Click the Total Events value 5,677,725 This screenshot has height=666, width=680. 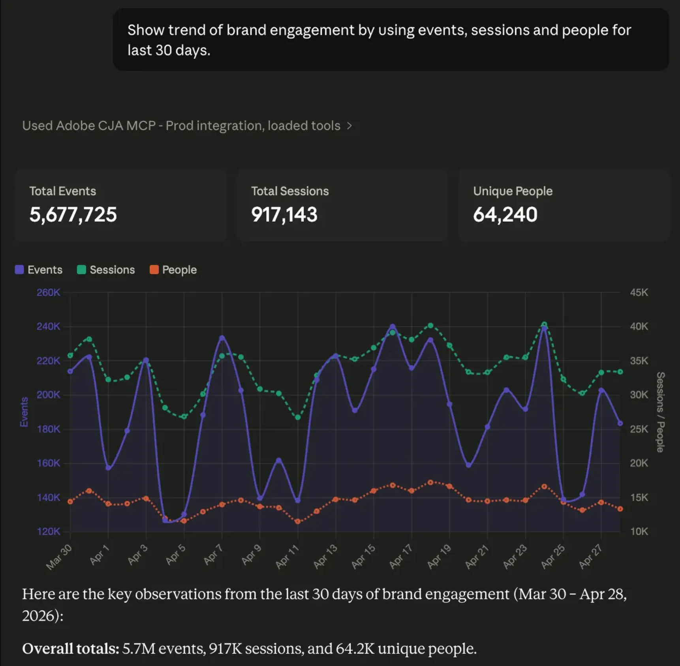(x=73, y=215)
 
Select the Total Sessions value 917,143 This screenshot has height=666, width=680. (x=284, y=215)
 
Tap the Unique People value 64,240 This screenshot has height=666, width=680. (x=505, y=215)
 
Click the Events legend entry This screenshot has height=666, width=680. (x=39, y=270)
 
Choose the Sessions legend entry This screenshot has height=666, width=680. (x=106, y=270)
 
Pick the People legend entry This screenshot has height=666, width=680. (x=173, y=270)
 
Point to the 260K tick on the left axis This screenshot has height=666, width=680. (x=48, y=292)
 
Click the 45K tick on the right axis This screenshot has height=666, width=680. (x=639, y=292)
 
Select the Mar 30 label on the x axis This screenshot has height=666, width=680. (x=59, y=557)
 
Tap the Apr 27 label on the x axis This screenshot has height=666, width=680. (x=590, y=556)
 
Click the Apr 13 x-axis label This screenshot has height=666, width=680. (x=325, y=556)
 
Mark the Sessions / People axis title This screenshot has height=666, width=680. (x=660, y=412)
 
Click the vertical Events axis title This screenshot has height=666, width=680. (x=24, y=412)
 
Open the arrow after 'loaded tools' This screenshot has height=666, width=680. (x=349, y=126)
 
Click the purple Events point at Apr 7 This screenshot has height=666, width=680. (x=222, y=338)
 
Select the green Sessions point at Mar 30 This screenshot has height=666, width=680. (x=70, y=356)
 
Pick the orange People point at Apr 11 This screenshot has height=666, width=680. (x=298, y=521)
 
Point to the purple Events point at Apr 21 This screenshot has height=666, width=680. (x=487, y=427)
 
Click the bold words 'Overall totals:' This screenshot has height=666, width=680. (x=71, y=649)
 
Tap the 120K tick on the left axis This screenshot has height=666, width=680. (x=48, y=531)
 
